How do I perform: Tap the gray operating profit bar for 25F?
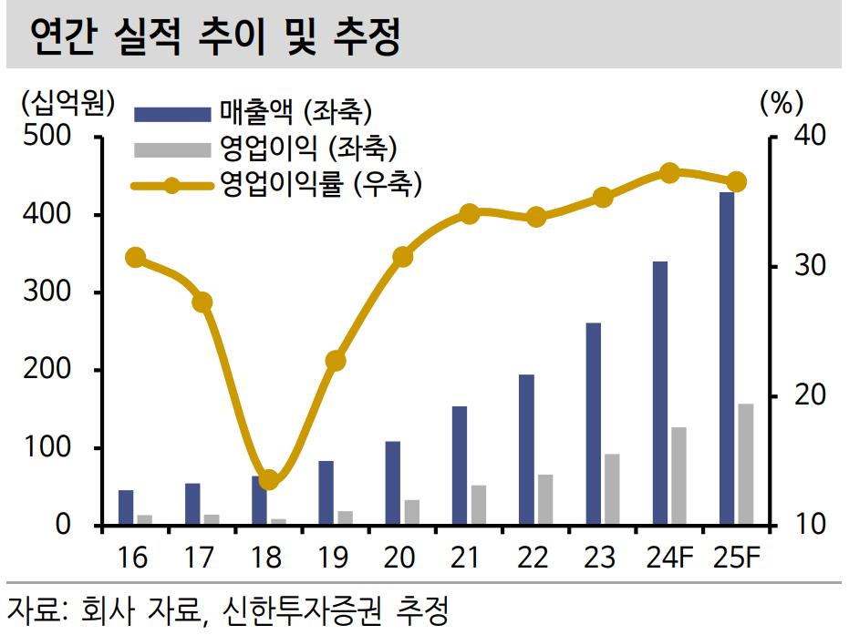[x=746, y=464]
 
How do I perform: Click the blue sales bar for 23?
[x=594, y=424]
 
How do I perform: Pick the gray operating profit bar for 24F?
[x=678, y=476]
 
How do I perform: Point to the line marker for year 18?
[x=269, y=479]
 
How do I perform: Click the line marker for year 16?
[x=136, y=258]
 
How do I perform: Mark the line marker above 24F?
[x=669, y=173]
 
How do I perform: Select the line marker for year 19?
[x=336, y=361]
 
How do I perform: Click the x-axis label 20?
[x=401, y=558]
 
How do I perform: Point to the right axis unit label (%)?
[x=781, y=103]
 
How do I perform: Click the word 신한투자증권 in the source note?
[x=309, y=609]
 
